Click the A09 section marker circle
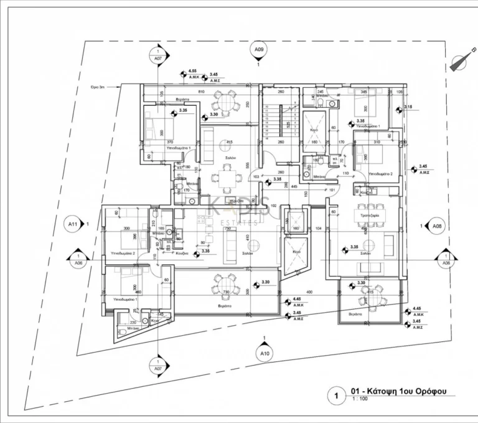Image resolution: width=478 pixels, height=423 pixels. (x=259, y=49)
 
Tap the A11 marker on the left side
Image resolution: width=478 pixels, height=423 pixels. (x=73, y=224)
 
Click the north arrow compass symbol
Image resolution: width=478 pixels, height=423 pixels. (x=460, y=61)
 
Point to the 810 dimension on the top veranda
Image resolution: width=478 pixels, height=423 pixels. (x=202, y=92)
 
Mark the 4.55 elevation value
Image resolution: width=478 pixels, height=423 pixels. (x=193, y=71)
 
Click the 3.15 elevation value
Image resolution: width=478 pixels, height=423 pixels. (x=408, y=107)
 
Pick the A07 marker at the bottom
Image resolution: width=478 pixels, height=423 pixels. (x=158, y=369)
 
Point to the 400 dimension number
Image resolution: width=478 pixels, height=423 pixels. (x=307, y=292)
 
